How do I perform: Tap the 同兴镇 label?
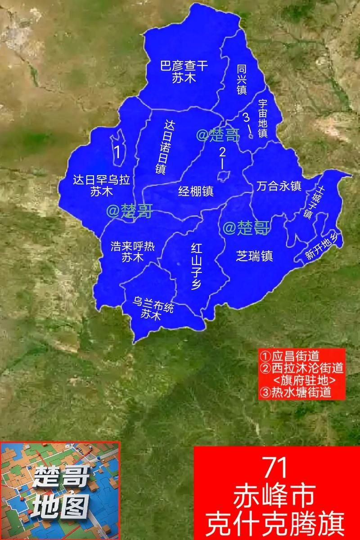click(x=242, y=78)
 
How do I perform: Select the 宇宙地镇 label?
click(x=263, y=118)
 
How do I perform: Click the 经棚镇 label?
click(x=195, y=191)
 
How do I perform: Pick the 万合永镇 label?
click(x=279, y=186)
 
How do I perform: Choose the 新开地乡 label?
click(x=321, y=247)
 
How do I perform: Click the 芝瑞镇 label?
click(x=255, y=256)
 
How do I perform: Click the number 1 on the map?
click(x=117, y=151)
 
